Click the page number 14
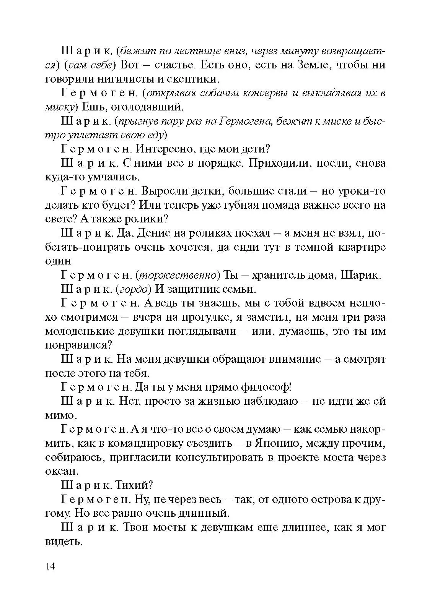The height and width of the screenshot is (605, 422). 50,566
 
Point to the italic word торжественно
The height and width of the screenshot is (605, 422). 178,275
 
